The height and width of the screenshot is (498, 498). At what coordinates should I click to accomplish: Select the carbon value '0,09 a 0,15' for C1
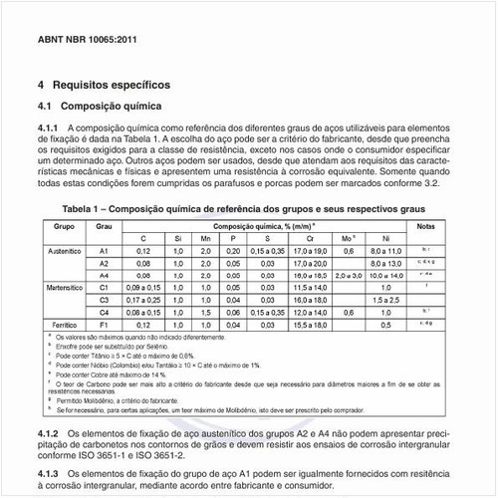coord(143,287)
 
